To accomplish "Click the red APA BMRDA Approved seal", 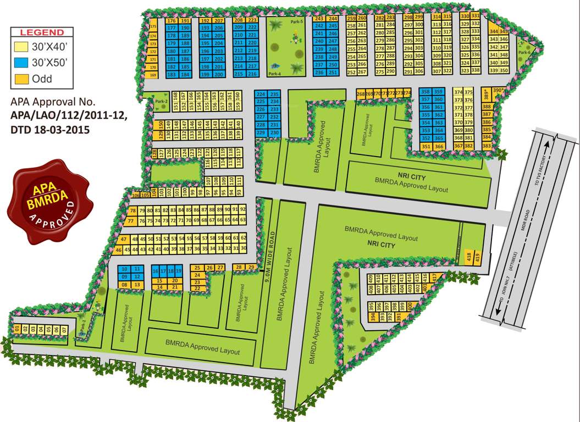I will [x=48, y=202].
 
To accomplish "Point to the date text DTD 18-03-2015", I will [x=50, y=130].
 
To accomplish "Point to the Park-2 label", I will [x=161, y=101].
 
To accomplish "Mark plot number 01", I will [x=17, y=329].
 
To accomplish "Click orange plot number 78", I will [x=132, y=211].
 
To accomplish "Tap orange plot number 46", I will [x=119, y=251].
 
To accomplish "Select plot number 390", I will [x=498, y=90].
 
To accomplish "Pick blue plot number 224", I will [x=262, y=95].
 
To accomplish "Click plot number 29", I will [x=251, y=268].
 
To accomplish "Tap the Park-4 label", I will [x=274, y=73].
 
